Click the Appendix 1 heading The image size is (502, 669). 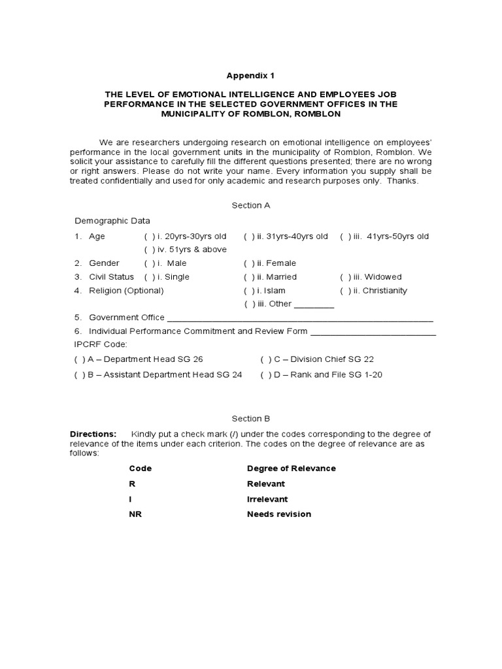(x=251, y=75)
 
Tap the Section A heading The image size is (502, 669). (x=251, y=205)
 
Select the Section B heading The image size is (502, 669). (x=251, y=419)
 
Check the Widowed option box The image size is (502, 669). (x=344, y=277)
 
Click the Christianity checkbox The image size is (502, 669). (x=344, y=291)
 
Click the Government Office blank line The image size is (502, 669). (x=300, y=319)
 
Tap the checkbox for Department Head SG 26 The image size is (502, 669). (x=79, y=359)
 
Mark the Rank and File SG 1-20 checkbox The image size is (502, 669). (x=265, y=375)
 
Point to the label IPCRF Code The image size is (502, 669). (x=101, y=344)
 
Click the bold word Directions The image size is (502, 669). (x=93, y=434)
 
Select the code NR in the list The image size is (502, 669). (x=135, y=514)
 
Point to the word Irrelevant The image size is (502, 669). (x=267, y=499)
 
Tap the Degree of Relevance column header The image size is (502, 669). (x=291, y=468)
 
